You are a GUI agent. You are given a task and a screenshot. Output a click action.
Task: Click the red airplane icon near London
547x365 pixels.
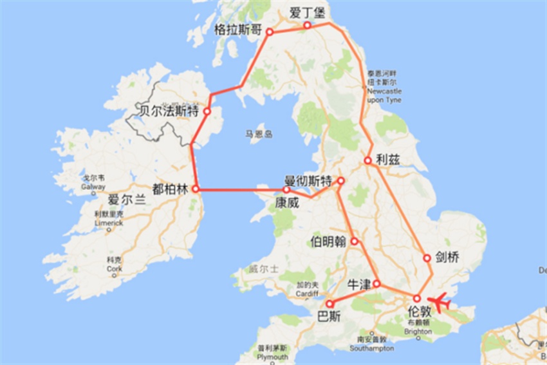(441, 301)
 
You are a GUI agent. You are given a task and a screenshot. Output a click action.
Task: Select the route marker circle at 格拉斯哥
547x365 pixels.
(270, 32)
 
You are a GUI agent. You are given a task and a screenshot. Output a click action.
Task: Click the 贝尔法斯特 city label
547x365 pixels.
(169, 110)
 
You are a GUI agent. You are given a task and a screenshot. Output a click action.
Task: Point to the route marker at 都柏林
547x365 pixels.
(195, 189)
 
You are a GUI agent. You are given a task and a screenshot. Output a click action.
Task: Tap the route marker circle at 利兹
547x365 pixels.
(367, 160)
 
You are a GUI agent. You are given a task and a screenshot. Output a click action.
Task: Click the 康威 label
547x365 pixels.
(287, 201)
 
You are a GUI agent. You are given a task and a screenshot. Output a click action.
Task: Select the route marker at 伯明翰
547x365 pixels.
(354, 241)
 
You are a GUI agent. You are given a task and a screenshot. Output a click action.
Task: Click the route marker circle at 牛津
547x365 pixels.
(377, 284)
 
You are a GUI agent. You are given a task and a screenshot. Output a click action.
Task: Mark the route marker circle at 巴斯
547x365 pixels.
(329, 304)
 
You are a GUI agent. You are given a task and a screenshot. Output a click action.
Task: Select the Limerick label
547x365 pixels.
(109, 223)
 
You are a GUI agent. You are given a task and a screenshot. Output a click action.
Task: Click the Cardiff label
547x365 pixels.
(308, 292)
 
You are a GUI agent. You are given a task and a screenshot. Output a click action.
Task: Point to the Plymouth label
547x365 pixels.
(272, 357)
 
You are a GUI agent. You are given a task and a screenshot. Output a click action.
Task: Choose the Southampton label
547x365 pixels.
(370, 348)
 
